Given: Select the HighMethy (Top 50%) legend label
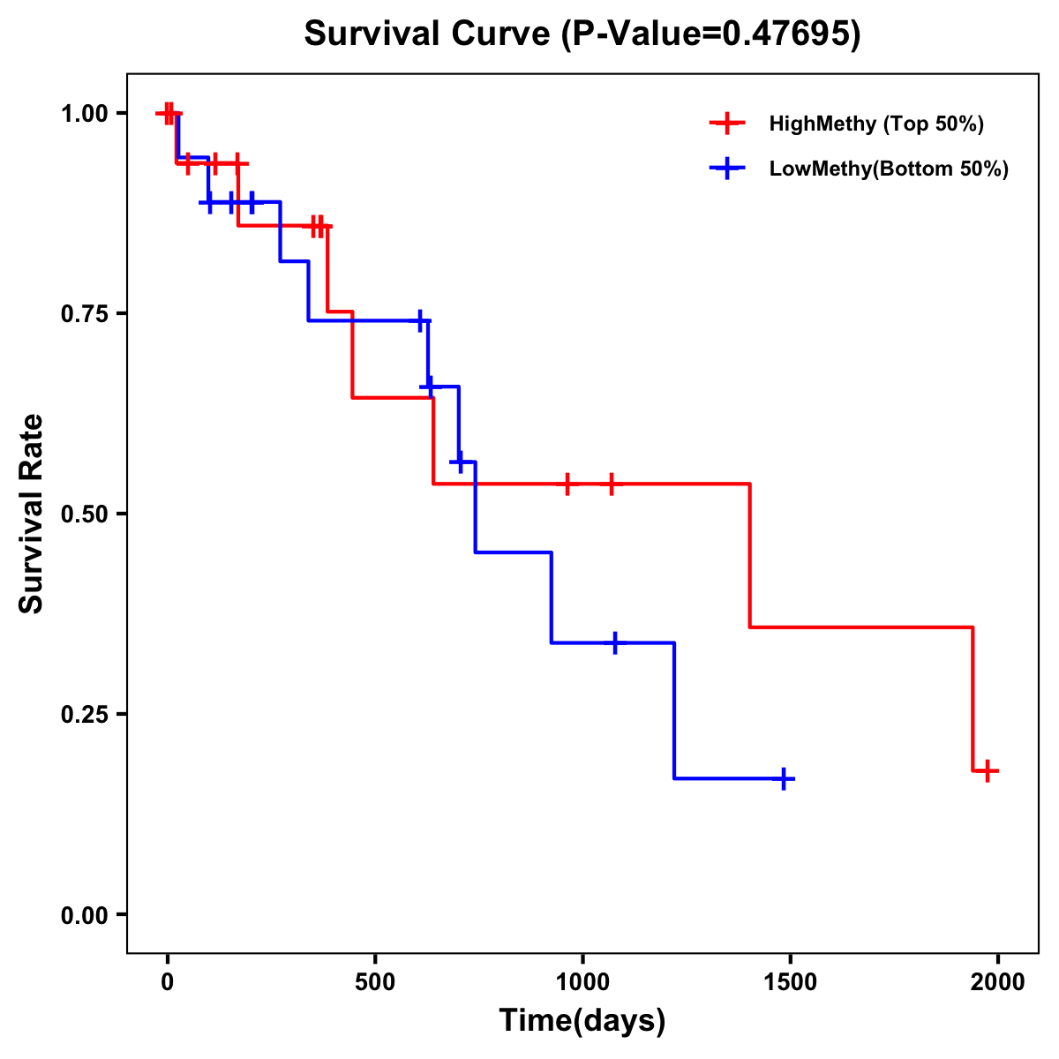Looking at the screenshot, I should click(876, 124).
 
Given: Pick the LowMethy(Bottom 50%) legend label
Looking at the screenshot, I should click(889, 169).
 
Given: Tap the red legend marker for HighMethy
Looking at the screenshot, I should click(726, 124).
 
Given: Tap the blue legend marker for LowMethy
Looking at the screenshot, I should click(726, 169).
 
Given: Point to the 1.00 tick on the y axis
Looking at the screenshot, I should click(83, 113).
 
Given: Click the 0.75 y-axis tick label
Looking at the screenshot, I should click(83, 313).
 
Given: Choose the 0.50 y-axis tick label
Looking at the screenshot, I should click(83, 514).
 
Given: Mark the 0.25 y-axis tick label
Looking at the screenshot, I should click(83, 714).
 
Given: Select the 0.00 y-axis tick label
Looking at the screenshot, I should click(83, 915).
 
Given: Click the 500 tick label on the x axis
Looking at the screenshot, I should click(375, 982).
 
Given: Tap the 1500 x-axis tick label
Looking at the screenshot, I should click(791, 982).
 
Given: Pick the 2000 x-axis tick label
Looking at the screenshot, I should click(998, 982).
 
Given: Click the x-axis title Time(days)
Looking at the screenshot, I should click(582, 1021).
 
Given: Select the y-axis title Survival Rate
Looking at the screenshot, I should click(32, 514).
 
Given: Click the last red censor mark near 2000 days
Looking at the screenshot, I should click(988, 770).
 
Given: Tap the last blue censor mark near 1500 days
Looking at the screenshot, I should click(783, 778).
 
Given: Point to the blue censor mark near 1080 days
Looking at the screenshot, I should click(615, 642).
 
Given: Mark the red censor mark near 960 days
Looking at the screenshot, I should click(567, 484).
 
